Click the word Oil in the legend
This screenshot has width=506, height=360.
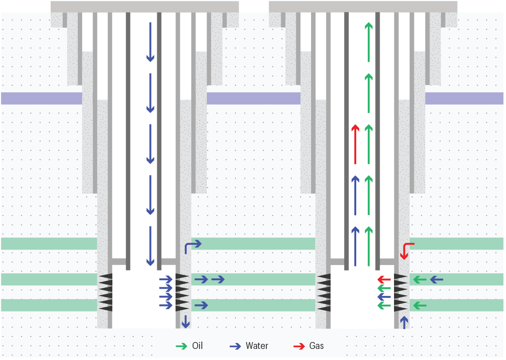[197, 346]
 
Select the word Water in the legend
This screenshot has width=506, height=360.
[257, 346]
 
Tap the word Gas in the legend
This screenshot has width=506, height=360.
[316, 346]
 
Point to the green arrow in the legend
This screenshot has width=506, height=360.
[181, 346]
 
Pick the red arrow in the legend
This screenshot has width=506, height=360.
[299, 346]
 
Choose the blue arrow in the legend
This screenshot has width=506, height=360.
[235, 346]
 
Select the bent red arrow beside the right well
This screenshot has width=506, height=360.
[406, 250]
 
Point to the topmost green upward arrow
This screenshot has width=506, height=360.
[368, 41]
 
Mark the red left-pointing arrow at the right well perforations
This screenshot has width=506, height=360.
[384, 279]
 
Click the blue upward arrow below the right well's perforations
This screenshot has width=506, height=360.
[405, 322]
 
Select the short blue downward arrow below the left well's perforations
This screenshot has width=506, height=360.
[185, 321]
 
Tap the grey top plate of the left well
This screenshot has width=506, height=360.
[145, 6]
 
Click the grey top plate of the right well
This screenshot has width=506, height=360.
[363, 6]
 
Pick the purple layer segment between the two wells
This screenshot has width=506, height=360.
[253, 98]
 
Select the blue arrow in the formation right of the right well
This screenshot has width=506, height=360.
[436, 279]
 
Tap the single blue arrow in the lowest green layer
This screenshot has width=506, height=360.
[201, 305]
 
